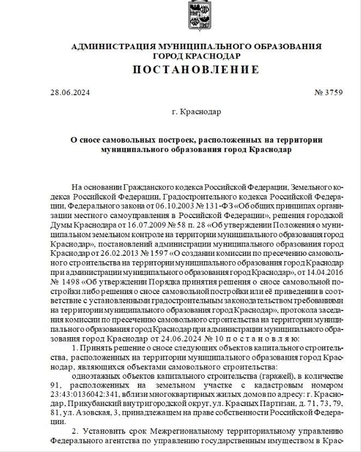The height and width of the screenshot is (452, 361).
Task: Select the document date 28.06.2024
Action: click(x=68, y=92)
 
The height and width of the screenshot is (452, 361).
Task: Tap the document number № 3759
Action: click(x=328, y=92)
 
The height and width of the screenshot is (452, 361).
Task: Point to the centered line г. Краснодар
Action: click(x=196, y=111)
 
